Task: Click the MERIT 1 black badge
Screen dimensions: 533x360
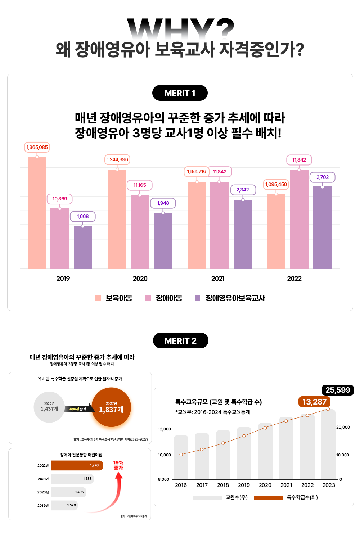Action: pos(180,93)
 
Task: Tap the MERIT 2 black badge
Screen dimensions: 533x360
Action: pos(180,341)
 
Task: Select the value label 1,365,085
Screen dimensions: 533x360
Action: pos(37,147)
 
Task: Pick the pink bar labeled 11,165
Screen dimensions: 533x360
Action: pos(140,232)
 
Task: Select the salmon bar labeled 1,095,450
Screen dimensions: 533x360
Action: pos(276,231)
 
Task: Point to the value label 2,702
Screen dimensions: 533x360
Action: pos(322,177)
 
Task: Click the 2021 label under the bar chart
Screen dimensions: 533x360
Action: pos(218,279)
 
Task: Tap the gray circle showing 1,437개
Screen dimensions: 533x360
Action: pos(49,407)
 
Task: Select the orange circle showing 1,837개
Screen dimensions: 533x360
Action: pos(111,407)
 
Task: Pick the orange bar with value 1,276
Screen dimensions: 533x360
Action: pos(77,465)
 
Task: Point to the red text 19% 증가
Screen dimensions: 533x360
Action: pos(118,465)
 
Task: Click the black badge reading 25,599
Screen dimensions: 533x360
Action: pos(337,390)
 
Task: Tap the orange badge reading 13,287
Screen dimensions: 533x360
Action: pos(314,402)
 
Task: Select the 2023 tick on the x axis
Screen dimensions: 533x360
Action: pos(329,485)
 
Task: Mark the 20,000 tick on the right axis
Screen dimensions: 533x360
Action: pos(343,427)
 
